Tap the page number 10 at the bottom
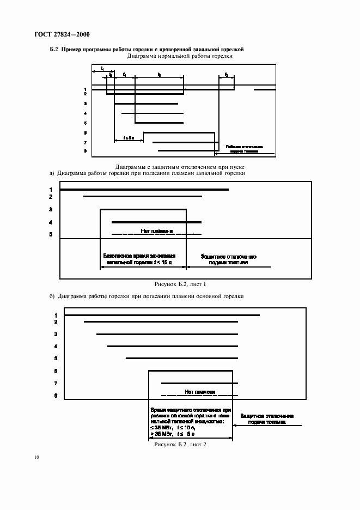tap(36, 458)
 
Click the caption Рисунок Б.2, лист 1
tap(180, 284)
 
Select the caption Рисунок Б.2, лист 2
tap(180, 445)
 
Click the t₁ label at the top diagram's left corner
tap(103, 68)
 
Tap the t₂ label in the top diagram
tap(226, 73)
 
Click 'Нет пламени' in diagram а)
tap(157, 231)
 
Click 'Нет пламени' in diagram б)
tap(200, 392)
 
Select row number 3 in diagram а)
tap(50, 209)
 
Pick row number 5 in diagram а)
tap(50, 234)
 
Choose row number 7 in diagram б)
tap(56, 384)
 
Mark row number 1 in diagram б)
tap(56, 315)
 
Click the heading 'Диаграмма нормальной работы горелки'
tap(180, 56)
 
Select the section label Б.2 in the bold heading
tap(54, 50)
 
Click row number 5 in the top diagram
tap(86, 123)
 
